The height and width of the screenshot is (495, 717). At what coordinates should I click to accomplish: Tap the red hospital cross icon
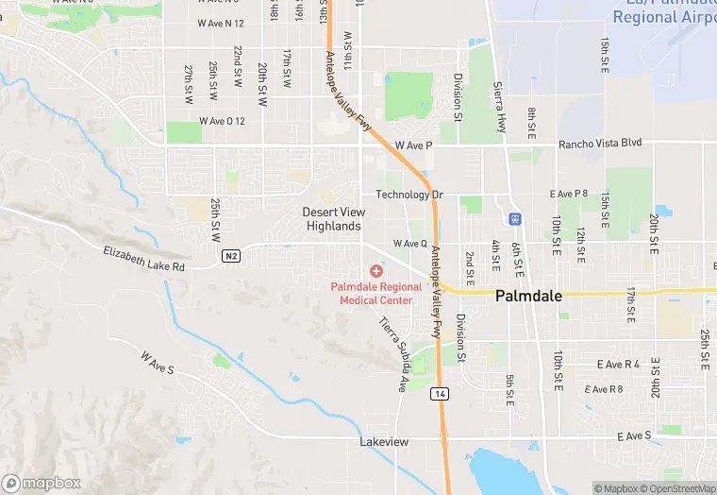[376, 271]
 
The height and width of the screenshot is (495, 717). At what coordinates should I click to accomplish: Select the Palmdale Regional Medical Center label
[376, 293]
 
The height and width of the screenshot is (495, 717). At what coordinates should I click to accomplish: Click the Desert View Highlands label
[333, 219]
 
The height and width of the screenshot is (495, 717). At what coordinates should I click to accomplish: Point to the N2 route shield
[231, 256]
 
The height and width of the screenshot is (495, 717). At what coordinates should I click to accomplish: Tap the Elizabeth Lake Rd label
[143, 259]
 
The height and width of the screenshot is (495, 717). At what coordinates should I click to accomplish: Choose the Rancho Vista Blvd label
[600, 143]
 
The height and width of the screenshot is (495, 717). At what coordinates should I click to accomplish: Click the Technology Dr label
[409, 195]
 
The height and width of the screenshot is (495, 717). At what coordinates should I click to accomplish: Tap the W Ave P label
[413, 145]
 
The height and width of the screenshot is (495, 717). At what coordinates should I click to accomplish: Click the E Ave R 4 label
[618, 364]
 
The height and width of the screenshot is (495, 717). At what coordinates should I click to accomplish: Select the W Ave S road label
[158, 364]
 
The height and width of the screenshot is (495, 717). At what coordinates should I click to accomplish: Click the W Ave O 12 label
[222, 121]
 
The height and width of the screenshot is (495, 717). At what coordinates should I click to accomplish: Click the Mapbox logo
[42, 483]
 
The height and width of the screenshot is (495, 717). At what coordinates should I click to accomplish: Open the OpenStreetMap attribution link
[675, 488]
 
